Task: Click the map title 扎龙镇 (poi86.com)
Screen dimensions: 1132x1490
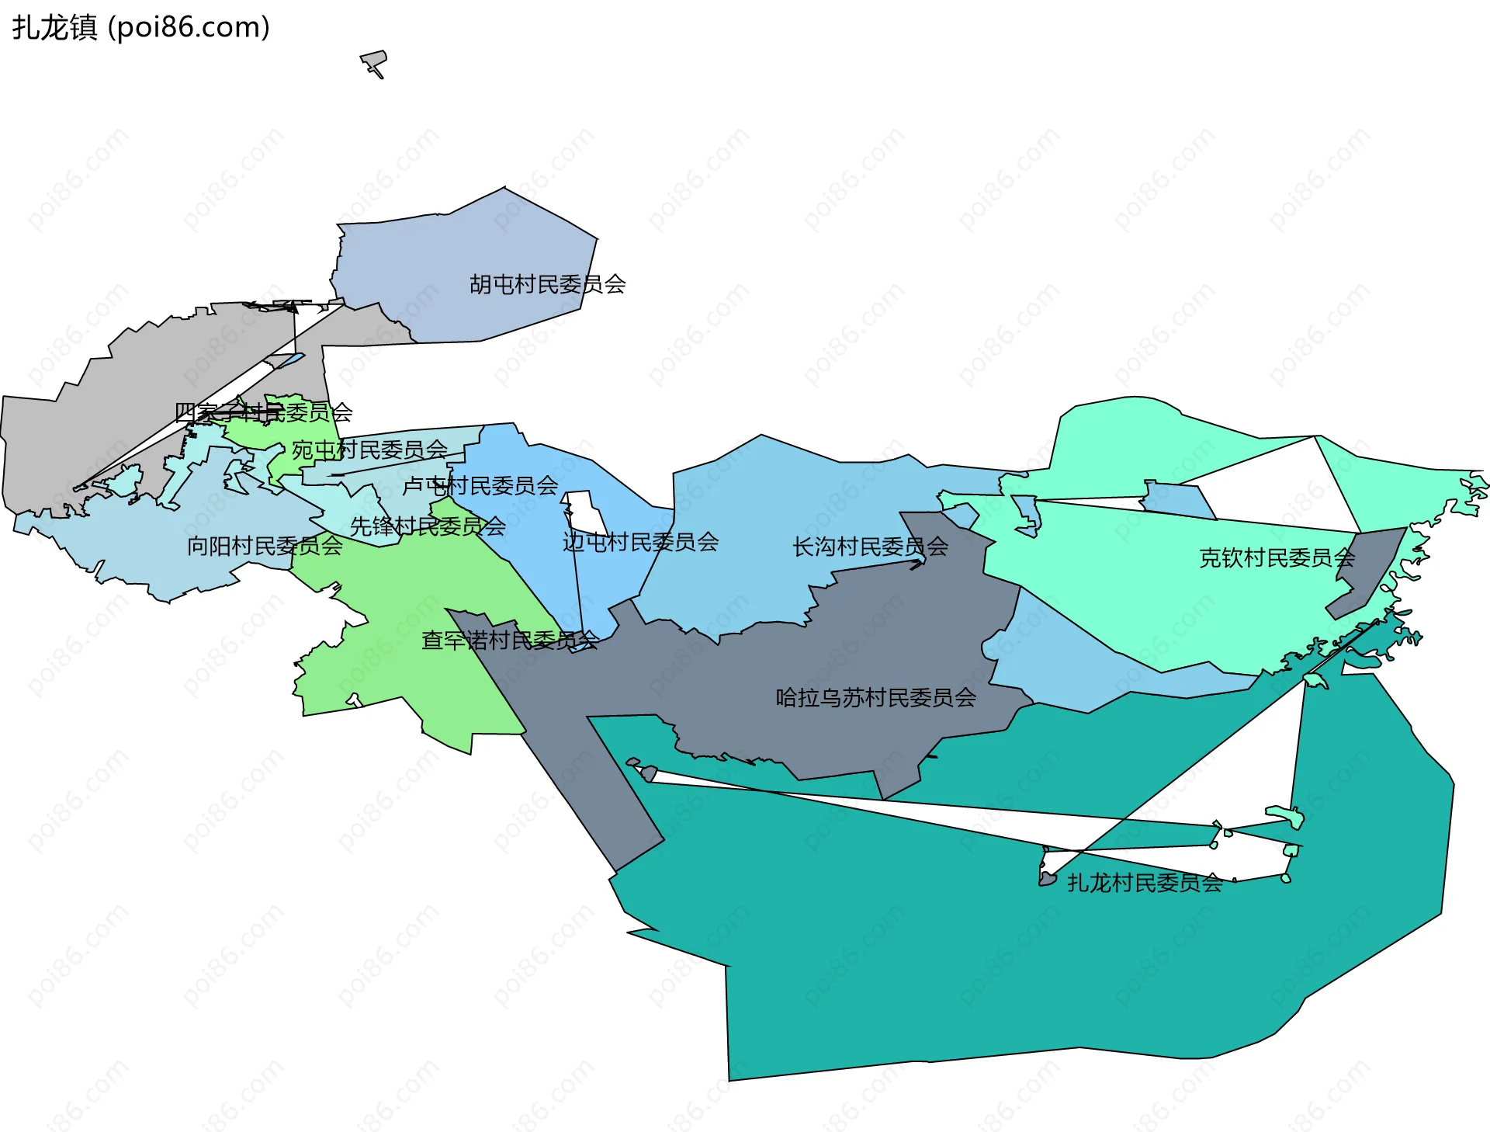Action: (140, 27)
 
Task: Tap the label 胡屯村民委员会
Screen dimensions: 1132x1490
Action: (547, 284)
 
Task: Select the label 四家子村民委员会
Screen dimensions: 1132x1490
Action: (264, 412)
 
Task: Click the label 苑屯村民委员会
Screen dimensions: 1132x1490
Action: (369, 450)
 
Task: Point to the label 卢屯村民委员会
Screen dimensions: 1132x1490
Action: (480, 486)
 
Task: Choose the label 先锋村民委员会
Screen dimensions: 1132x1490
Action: (428, 526)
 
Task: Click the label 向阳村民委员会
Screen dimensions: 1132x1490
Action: (265, 546)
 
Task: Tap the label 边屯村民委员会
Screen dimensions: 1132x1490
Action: (640, 542)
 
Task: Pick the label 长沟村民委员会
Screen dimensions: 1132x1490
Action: (870, 547)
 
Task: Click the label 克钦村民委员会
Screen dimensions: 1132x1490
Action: (1277, 557)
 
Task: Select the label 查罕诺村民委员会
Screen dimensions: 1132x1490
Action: (510, 640)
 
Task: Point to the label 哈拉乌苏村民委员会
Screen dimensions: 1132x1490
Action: (875, 697)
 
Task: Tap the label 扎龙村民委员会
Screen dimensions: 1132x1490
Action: (1145, 883)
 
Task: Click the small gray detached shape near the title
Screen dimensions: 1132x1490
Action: (374, 61)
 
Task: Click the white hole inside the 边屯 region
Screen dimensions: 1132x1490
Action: (587, 511)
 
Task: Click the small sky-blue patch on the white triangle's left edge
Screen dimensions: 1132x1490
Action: (1176, 499)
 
